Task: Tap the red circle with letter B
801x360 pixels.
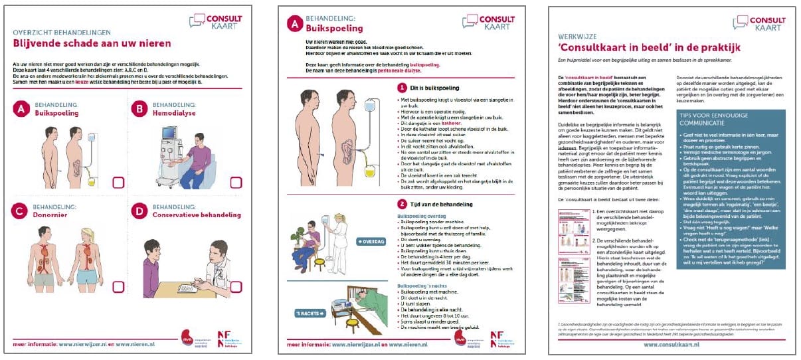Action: (x=139, y=109)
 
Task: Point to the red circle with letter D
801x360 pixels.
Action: (x=139, y=211)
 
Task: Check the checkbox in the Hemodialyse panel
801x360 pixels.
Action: (x=236, y=183)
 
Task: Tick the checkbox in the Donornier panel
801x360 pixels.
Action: (x=118, y=287)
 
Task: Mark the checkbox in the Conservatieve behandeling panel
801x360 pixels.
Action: (x=236, y=287)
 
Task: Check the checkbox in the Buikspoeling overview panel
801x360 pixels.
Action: (x=118, y=183)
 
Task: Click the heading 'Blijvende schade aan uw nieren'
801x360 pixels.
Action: (x=92, y=43)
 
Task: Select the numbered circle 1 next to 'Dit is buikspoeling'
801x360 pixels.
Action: (x=401, y=88)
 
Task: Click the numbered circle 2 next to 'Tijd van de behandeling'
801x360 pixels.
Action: (x=401, y=204)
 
